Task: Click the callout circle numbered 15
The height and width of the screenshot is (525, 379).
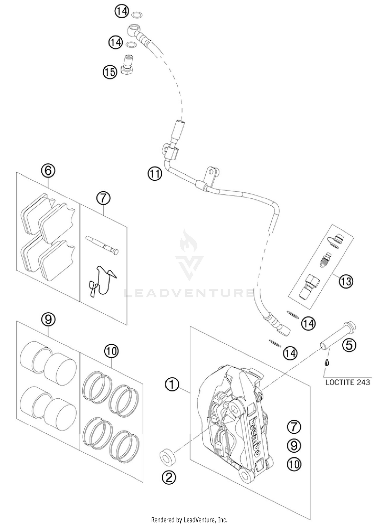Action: pos(110,72)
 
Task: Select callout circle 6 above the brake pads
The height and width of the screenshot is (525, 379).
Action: pos(48,171)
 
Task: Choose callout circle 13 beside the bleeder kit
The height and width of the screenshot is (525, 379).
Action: pos(346,281)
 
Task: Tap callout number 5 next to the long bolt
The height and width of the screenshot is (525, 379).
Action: pos(349,345)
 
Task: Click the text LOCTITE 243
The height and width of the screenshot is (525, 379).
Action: pos(348,382)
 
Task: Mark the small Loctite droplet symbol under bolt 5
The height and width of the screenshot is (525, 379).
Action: pos(327,363)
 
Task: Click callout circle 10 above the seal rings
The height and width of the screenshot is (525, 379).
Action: pos(111,351)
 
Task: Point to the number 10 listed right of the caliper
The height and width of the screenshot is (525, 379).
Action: pos(294,464)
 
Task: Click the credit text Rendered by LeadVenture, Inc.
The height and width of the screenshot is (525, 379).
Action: pos(189,520)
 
